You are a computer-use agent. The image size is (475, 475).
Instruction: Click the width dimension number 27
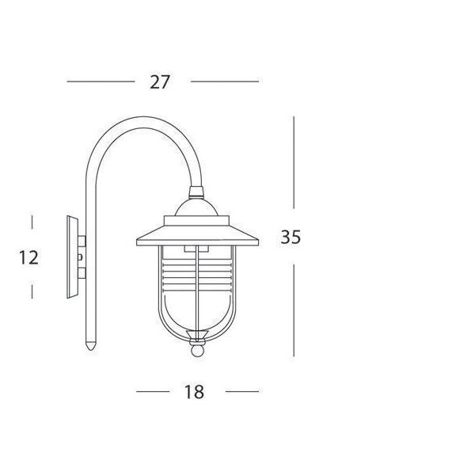pyautogui.click(x=160, y=82)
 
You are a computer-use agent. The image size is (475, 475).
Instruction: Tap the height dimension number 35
pyautogui.click(x=291, y=237)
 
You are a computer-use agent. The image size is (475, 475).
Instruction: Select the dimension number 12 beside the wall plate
pyautogui.click(x=28, y=257)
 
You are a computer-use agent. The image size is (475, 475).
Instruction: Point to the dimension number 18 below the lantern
pyautogui.click(x=194, y=392)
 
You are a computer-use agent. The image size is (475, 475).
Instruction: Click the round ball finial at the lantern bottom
pyautogui.click(x=197, y=351)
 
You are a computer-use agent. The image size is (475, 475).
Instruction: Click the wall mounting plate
pyautogui.click(x=72, y=256)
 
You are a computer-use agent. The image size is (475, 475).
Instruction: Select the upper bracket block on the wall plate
pyautogui.click(x=82, y=241)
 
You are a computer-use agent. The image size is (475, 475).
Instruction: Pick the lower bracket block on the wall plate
pyautogui.click(x=82, y=273)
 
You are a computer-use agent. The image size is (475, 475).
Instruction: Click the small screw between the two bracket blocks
pyautogui.click(x=80, y=257)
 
